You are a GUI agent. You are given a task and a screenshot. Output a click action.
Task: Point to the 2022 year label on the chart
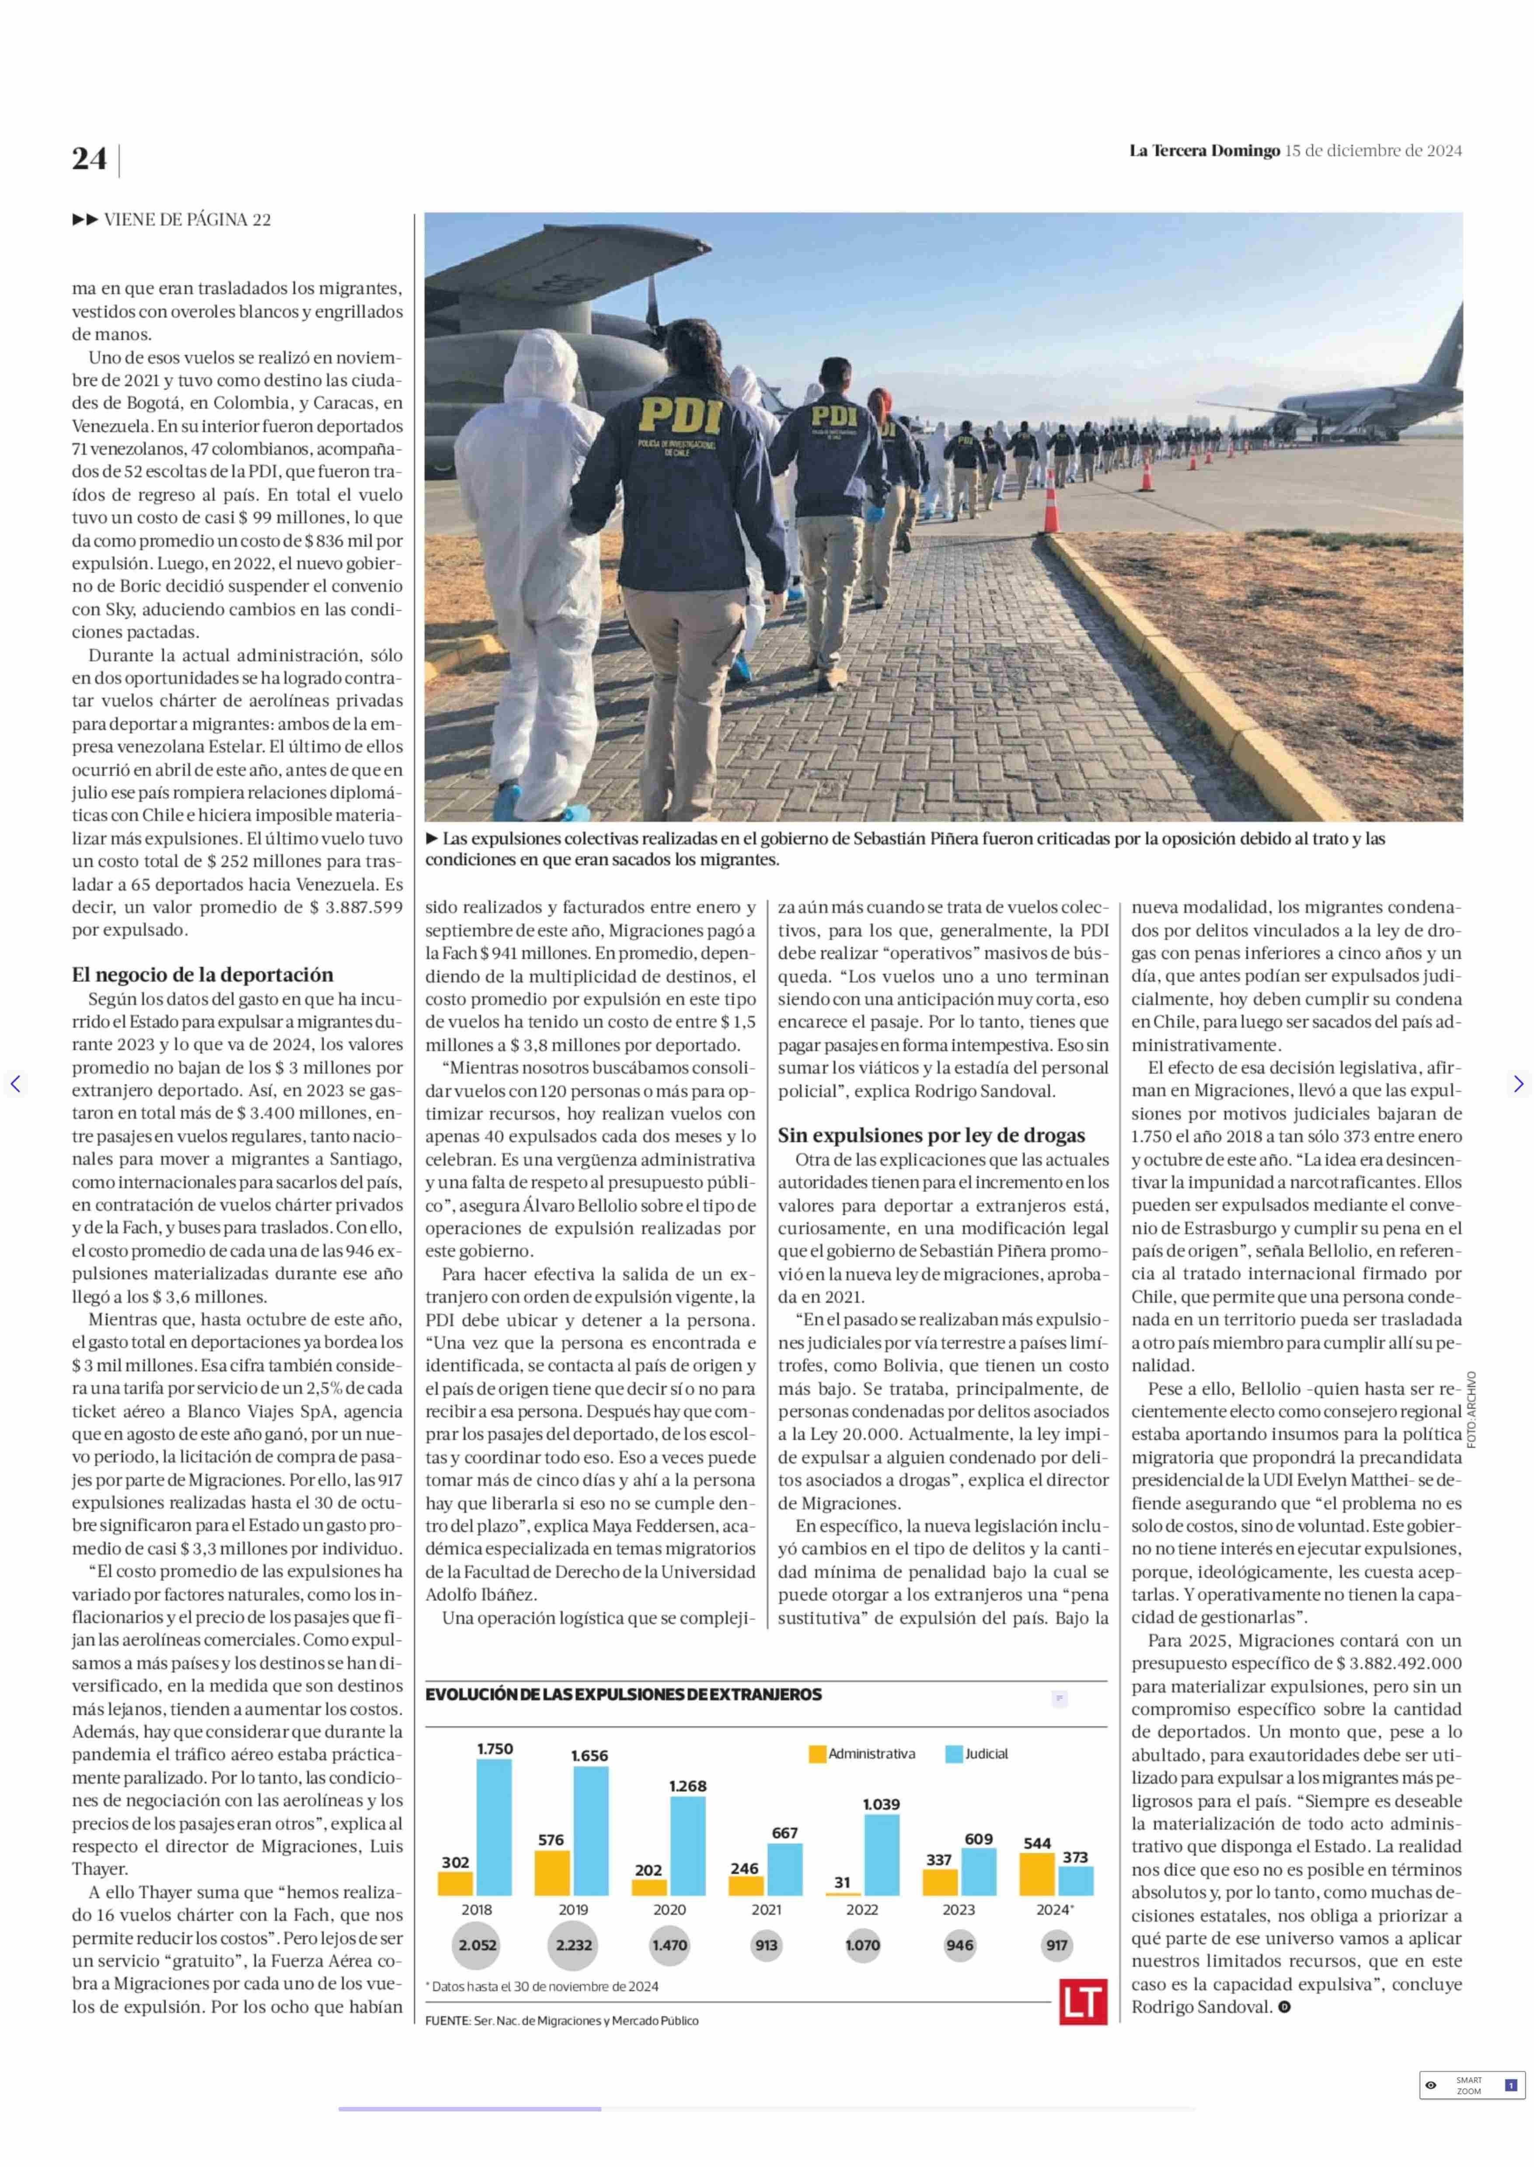coord(861,1909)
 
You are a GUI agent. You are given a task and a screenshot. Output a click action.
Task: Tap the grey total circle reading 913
coord(766,1945)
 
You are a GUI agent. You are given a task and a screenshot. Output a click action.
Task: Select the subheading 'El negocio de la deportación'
coord(202,974)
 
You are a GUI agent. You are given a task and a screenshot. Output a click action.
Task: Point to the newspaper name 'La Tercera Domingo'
coord(1204,150)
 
